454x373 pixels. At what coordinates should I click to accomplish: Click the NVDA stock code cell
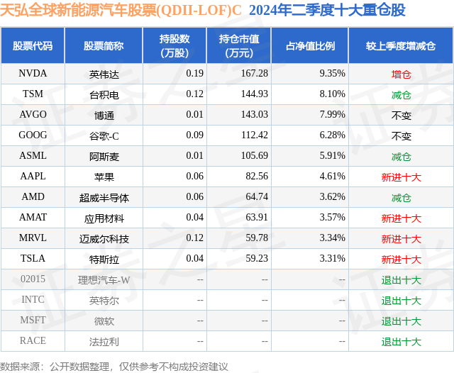pyautogui.click(x=33, y=73)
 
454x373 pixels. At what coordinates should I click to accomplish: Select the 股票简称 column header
pyautogui.click(x=104, y=46)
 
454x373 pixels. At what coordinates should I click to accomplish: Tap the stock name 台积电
pyautogui.click(x=104, y=94)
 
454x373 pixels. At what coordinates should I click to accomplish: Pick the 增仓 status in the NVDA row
pyautogui.click(x=401, y=74)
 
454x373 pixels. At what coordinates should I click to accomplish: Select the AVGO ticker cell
pyautogui.click(x=33, y=114)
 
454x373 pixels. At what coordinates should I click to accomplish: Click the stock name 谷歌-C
pyautogui.click(x=104, y=135)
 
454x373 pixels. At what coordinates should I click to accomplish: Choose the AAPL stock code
pyautogui.click(x=33, y=177)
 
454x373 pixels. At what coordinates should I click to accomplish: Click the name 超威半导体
pyautogui.click(x=104, y=197)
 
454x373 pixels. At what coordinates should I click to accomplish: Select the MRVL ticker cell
pyautogui.click(x=33, y=238)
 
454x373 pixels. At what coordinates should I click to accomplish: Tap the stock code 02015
pyautogui.click(x=33, y=279)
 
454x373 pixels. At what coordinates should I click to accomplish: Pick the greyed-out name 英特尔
pyautogui.click(x=104, y=300)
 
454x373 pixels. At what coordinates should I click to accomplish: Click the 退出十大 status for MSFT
pyautogui.click(x=401, y=321)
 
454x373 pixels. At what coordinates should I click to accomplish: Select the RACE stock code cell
pyautogui.click(x=33, y=340)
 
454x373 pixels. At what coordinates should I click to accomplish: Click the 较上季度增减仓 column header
pyautogui.click(x=401, y=46)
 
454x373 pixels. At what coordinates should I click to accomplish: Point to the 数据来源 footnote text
pyautogui.click(x=114, y=366)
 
